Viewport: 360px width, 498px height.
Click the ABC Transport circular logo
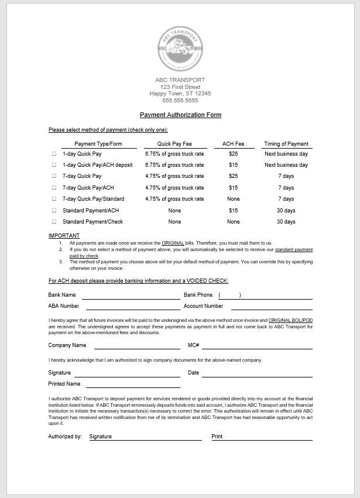click(180, 49)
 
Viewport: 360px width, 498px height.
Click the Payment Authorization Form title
click(180, 115)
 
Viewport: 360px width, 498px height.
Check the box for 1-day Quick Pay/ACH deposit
click(54, 165)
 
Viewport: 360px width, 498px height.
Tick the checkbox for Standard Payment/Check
click(54, 222)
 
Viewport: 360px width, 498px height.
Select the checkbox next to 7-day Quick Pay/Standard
click(54, 199)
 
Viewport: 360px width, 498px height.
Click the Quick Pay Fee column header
click(174, 144)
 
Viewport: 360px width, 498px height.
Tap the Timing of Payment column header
click(286, 144)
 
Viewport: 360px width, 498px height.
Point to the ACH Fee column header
click(233, 144)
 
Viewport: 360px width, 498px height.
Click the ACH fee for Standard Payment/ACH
click(233, 211)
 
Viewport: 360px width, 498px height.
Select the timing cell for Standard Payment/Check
click(286, 222)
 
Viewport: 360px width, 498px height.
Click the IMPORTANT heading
click(64, 236)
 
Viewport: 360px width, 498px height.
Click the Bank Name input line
click(131, 297)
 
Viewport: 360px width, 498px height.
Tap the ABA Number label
click(64, 306)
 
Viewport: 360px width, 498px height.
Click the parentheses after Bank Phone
click(229, 295)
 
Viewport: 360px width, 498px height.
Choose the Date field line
click(258, 375)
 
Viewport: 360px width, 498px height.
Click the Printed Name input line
click(133, 386)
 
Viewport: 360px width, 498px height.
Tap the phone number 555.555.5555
click(180, 101)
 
